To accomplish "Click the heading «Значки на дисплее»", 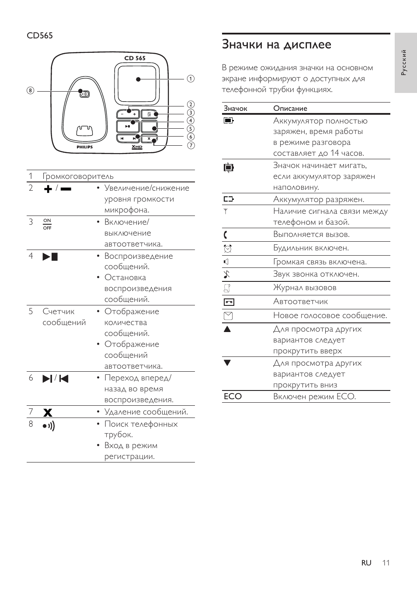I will pos(276,45).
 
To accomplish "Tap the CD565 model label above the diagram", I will pos(40,35).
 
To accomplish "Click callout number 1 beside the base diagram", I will pos(191,79).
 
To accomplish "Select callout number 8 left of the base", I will pos(30,91).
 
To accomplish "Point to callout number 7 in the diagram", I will pos(191,145).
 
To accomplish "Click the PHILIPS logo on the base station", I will pos(85,147).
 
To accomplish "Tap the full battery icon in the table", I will pos(229,121).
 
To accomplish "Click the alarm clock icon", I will pos(228,249).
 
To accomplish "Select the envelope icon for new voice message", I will pos(228,316).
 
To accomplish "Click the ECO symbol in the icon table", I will pos(233,397).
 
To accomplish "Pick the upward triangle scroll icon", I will pos(227,329).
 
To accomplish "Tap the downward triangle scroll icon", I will pos(227,363).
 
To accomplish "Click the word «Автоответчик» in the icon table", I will pos(300,301).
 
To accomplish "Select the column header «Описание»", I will pos(290,108).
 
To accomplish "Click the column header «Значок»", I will pos(236,108).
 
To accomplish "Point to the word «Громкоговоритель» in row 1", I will pos(78,176).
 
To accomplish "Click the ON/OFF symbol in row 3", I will pos(47,224).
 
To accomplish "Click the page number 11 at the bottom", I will pos(386,563).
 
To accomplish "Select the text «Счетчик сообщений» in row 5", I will pos(64,317).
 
